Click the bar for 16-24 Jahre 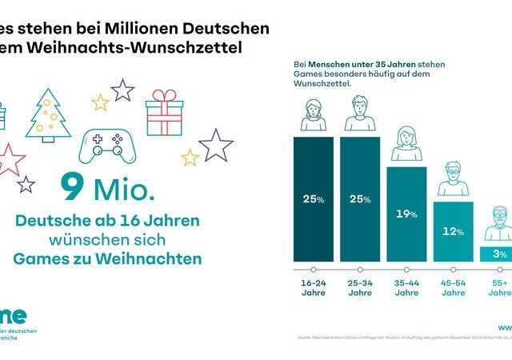tap(314, 199)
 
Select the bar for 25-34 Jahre tap(360, 199)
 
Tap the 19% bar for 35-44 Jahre tap(406, 214)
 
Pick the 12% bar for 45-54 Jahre tap(453, 231)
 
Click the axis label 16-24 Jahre tap(314, 287)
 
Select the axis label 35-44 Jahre tap(406, 287)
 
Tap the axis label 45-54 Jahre tap(453, 287)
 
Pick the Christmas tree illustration tap(49, 117)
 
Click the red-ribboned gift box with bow tap(164, 113)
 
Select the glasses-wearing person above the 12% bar tap(453, 180)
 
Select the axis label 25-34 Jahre tap(360, 287)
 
